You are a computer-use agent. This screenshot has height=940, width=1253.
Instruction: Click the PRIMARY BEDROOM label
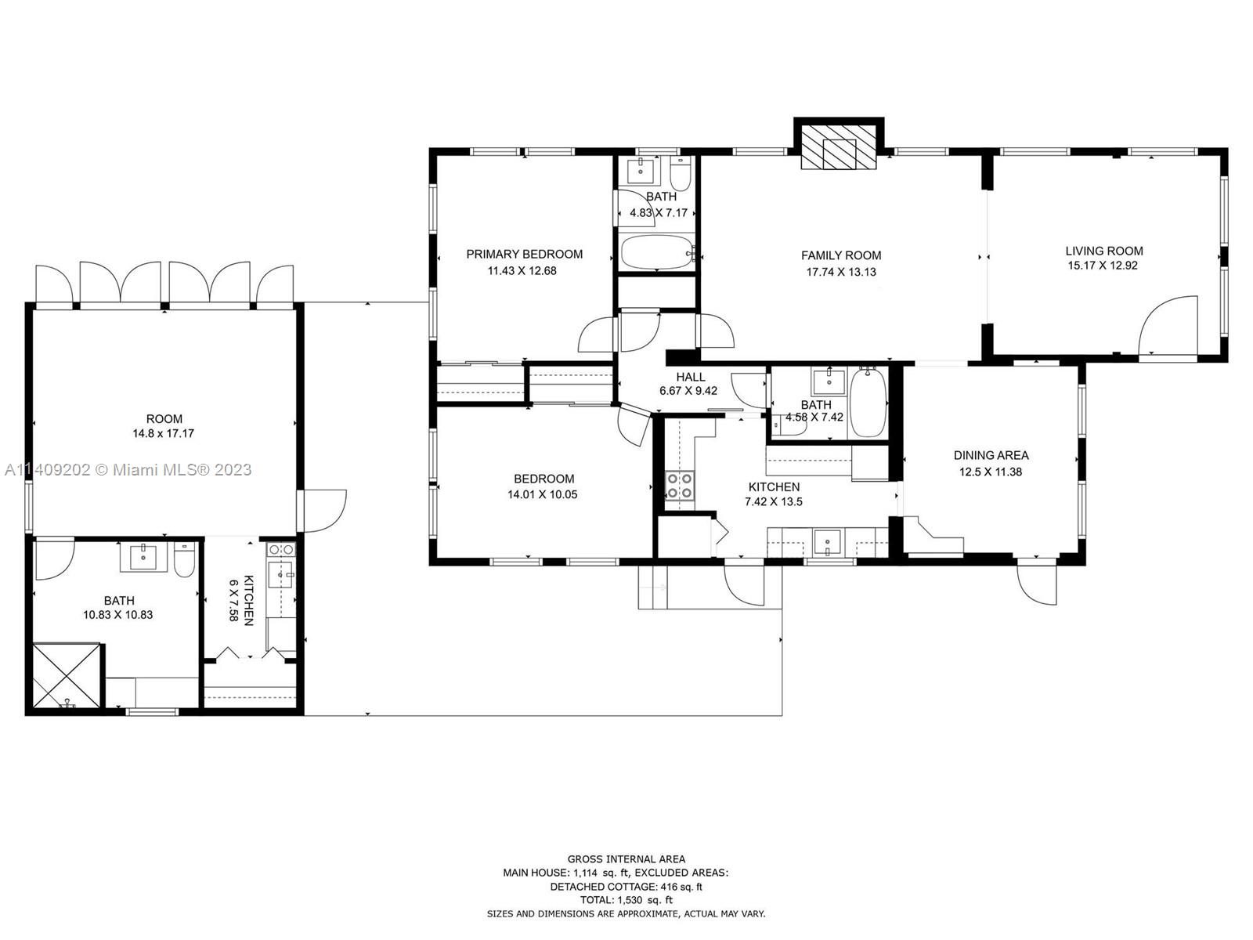pyautogui.click(x=524, y=254)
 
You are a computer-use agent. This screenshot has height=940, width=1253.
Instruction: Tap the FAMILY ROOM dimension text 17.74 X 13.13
pyautogui.click(x=841, y=272)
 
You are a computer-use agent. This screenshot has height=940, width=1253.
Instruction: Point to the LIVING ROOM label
pyautogui.click(x=1104, y=251)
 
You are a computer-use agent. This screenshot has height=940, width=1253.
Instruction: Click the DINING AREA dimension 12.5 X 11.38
pyautogui.click(x=991, y=472)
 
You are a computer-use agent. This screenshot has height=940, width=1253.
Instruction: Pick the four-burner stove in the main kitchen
pyautogui.click(x=680, y=485)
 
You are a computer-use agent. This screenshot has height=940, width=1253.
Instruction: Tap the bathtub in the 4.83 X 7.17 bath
pyautogui.click(x=657, y=251)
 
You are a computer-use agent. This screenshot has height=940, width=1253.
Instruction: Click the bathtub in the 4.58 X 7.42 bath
pyautogui.click(x=868, y=403)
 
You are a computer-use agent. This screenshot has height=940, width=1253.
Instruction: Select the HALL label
pyautogui.click(x=690, y=377)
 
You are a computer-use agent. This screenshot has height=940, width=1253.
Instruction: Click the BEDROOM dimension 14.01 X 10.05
pyautogui.click(x=542, y=494)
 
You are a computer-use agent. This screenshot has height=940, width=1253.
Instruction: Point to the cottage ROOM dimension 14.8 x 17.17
pyautogui.click(x=163, y=433)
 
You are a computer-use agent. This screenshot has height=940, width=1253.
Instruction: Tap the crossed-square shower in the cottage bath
pyautogui.click(x=67, y=676)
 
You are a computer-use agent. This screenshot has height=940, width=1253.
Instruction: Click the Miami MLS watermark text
pyautogui.click(x=128, y=469)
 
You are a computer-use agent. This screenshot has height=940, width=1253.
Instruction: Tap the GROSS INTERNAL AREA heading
pyautogui.click(x=626, y=859)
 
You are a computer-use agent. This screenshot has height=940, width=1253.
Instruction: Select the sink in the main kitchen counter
pyautogui.click(x=827, y=542)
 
